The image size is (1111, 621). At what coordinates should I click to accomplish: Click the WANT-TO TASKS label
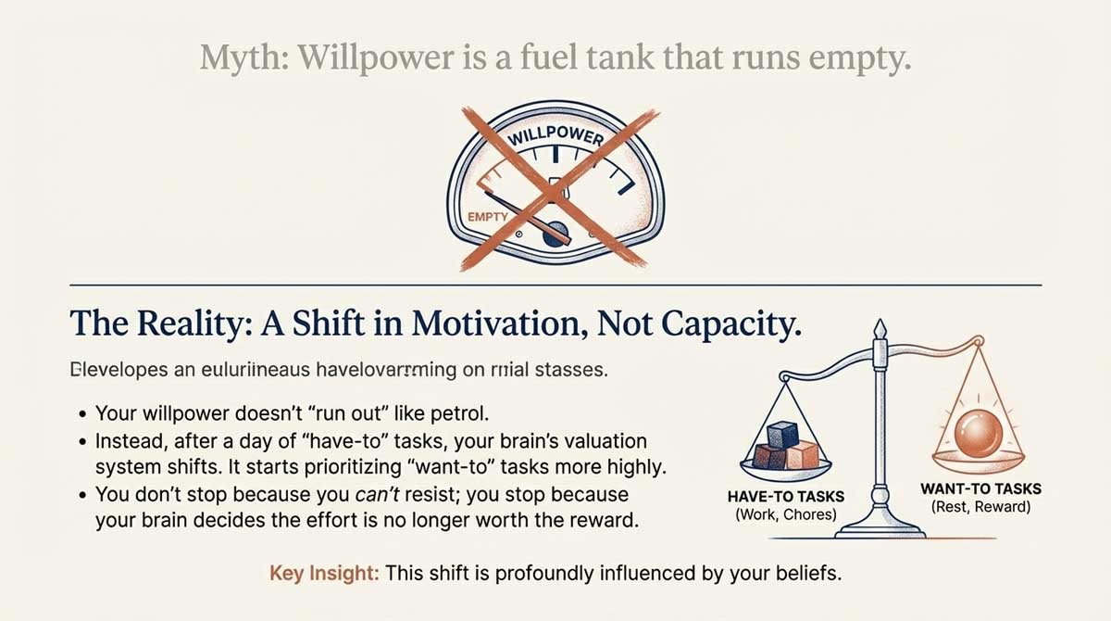tap(980, 488)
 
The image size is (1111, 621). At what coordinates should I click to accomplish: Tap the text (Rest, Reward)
tap(980, 507)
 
